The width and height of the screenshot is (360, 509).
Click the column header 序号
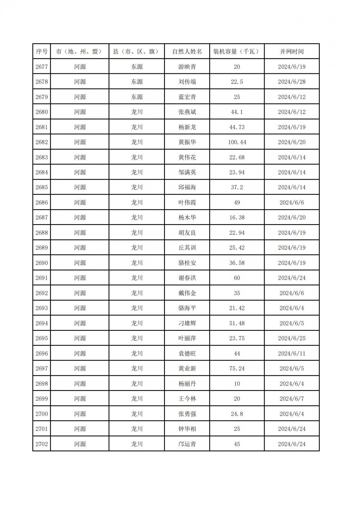pos(41,51)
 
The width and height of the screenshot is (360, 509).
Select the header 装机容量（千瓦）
pos(237,51)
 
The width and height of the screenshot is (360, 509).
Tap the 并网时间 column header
pos(292,51)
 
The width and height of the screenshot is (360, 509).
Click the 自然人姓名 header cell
pos(187,51)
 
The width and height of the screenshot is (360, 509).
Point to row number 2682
pos(41,142)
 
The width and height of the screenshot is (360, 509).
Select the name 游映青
pos(187,67)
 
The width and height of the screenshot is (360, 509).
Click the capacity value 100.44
pos(237,142)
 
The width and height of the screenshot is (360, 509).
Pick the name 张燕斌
pos(187,112)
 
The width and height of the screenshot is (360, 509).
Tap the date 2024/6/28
pos(292,82)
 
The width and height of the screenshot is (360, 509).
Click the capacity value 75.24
pos(237,369)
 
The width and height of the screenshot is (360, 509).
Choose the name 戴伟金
pos(187,293)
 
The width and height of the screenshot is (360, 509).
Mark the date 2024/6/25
pos(292,338)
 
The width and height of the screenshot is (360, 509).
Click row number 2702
pos(41,444)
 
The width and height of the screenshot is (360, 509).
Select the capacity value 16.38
pos(237,217)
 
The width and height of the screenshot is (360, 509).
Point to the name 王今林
pos(187,399)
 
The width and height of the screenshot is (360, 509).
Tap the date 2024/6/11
pos(292,353)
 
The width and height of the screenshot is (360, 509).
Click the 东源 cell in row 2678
pos(137,82)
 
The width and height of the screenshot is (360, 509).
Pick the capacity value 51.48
pos(237,323)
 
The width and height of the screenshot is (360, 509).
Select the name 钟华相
pos(187,429)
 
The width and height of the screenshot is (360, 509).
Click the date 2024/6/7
pos(292,399)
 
